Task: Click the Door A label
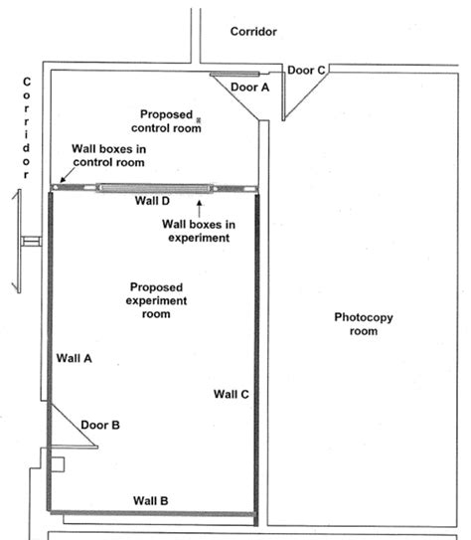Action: click(x=249, y=88)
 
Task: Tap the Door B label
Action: click(x=100, y=425)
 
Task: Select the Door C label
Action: click(x=305, y=70)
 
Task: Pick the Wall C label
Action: click(x=231, y=394)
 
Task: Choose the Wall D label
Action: click(x=152, y=200)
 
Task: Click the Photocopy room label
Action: click(x=356, y=324)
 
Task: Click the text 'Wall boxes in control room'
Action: click(x=108, y=155)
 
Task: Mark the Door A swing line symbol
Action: click(x=235, y=74)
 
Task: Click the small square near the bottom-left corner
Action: click(x=56, y=463)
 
